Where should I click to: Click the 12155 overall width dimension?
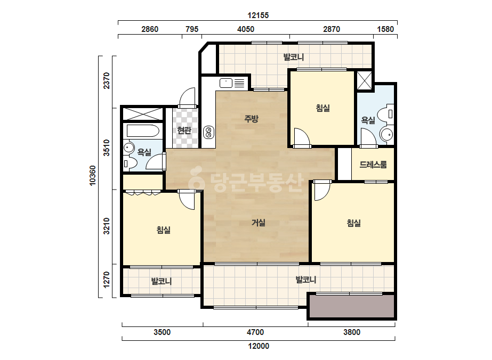[x=258, y=15]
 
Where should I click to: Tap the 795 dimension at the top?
[x=192, y=29]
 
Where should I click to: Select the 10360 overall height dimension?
[x=93, y=176]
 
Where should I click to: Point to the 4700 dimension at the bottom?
[x=255, y=332]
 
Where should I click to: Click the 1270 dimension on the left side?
[x=107, y=280]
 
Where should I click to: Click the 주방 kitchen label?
[x=251, y=119]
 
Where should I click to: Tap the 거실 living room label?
[x=259, y=223]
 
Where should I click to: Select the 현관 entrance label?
[x=184, y=130]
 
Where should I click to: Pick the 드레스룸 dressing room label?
[x=373, y=165]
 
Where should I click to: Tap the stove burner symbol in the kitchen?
[x=208, y=132]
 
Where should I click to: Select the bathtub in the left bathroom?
[x=143, y=131]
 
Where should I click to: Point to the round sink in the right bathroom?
[x=386, y=135]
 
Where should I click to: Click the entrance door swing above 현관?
[x=188, y=97]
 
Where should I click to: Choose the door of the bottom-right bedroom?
[x=322, y=190]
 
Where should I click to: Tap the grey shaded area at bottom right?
[x=351, y=306]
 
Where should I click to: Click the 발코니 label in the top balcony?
[x=293, y=57]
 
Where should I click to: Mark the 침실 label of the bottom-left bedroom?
[x=164, y=230]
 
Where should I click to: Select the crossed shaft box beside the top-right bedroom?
[x=364, y=80]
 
